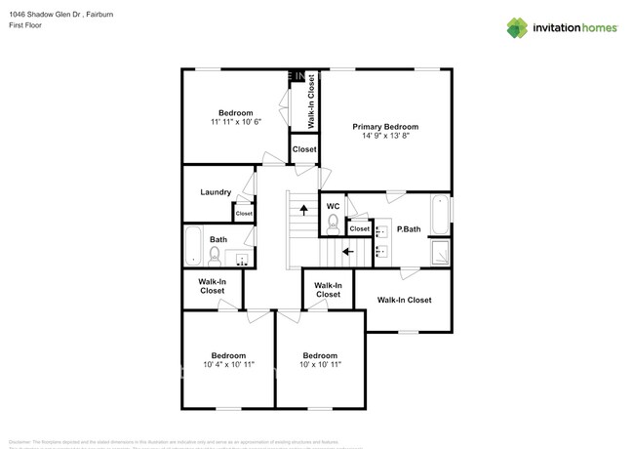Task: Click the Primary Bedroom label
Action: [x=385, y=127]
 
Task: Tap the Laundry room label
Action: [x=215, y=192]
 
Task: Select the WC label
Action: [x=333, y=206]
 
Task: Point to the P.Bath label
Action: [x=409, y=229]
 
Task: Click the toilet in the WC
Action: [x=333, y=225]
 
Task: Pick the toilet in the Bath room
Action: [x=215, y=256]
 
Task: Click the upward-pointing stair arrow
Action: [x=302, y=208]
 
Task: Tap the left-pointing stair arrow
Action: [x=347, y=250]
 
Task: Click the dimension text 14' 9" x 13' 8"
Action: [x=385, y=138]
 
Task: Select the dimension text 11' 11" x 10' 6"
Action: [x=235, y=123]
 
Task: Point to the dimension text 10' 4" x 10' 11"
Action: [x=228, y=365]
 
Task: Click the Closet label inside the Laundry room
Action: [x=243, y=214]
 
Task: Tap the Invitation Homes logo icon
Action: [x=517, y=27]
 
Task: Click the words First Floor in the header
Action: [x=26, y=26]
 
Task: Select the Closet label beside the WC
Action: [x=359, y=229]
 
